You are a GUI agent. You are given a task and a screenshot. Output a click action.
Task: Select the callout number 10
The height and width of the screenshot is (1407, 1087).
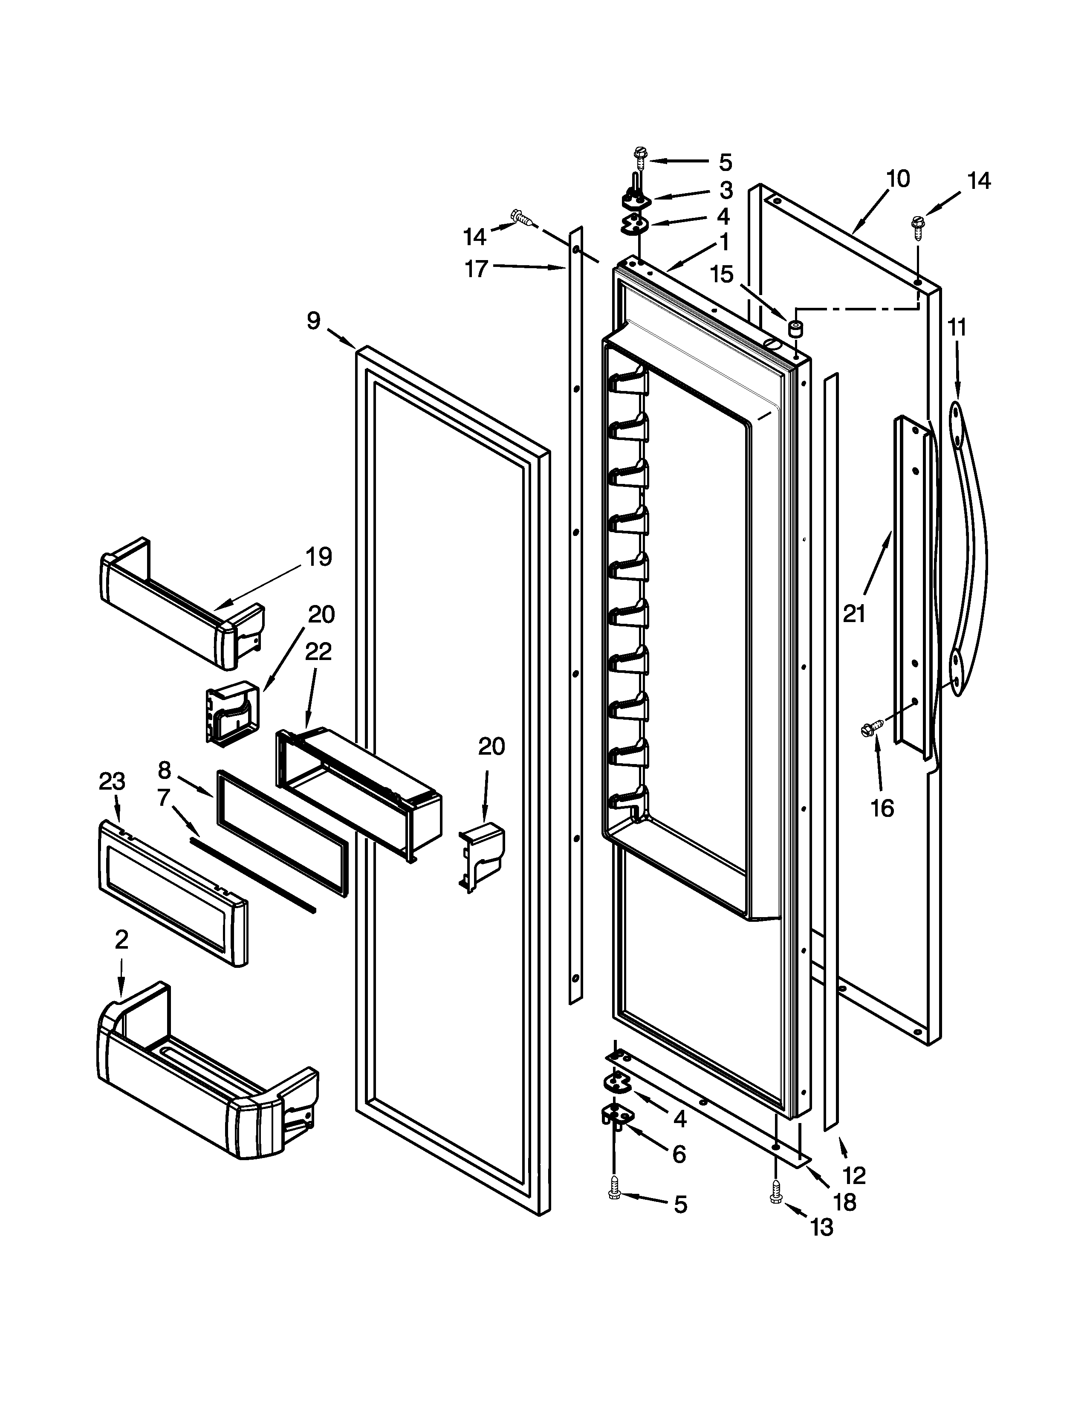[x=898, y=179]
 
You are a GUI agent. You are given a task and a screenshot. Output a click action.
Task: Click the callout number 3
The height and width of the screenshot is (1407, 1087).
[x=726, y=190]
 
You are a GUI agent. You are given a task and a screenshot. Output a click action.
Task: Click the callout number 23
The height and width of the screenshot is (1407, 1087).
[x=112, y=782]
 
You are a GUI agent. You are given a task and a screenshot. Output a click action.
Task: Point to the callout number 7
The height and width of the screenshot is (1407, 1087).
[x=164, y=798]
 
